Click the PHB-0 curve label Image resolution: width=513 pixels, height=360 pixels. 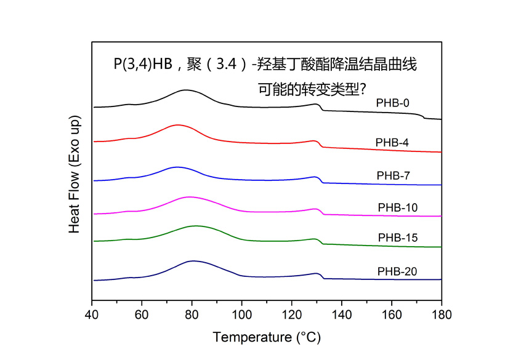[393, 103]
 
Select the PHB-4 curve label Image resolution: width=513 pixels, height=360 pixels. [392, 143]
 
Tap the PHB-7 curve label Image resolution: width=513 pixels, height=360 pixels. [393, 176]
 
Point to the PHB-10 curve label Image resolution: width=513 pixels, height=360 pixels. [398, 207]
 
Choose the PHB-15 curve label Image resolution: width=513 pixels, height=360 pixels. [398, 238]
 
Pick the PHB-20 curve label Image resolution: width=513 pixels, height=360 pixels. [398, 271]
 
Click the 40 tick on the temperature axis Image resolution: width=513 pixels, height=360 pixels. [92, 313]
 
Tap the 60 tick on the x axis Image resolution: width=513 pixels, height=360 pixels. [142, 313]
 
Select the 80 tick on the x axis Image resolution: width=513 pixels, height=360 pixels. [192, 313]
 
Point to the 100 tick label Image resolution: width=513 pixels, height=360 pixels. [241, 313]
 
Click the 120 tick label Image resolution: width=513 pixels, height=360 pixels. [292, 313]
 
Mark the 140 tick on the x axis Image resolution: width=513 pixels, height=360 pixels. [342, 313]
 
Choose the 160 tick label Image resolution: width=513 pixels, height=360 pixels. [392, 313]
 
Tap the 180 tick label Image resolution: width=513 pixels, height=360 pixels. [442, 313]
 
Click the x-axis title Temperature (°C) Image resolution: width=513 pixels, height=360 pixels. [267, 338]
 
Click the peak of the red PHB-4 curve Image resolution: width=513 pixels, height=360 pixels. [178, 125]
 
